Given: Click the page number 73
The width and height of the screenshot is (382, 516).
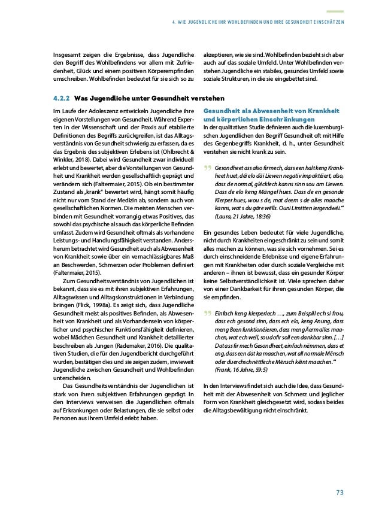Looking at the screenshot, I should point(339,492).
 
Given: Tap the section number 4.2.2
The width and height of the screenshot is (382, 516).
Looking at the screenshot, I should point(62,98).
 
